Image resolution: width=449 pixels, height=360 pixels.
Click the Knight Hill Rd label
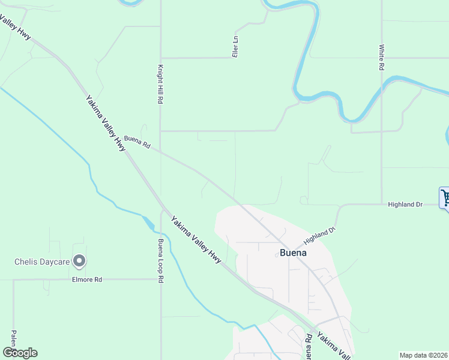(161, 85)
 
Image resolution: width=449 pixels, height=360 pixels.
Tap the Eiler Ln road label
(235, 47)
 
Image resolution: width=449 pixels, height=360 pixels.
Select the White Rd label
(381, 57)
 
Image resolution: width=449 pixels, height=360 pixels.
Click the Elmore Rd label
(87, 280)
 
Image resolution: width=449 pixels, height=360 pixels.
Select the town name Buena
(294, 253)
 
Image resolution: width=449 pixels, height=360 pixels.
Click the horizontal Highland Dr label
(406, 205)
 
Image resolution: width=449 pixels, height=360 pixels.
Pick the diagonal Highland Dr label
(319, 235)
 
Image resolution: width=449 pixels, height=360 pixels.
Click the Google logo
(20, 353)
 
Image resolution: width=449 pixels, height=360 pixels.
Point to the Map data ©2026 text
(424, 355)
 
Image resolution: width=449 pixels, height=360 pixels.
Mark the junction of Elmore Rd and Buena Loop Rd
(161, 279)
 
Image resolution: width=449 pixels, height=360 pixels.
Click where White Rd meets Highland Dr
(382, 204)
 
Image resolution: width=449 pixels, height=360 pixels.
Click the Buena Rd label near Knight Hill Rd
(137, 142)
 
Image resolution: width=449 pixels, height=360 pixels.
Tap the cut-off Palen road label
(13, 340)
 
